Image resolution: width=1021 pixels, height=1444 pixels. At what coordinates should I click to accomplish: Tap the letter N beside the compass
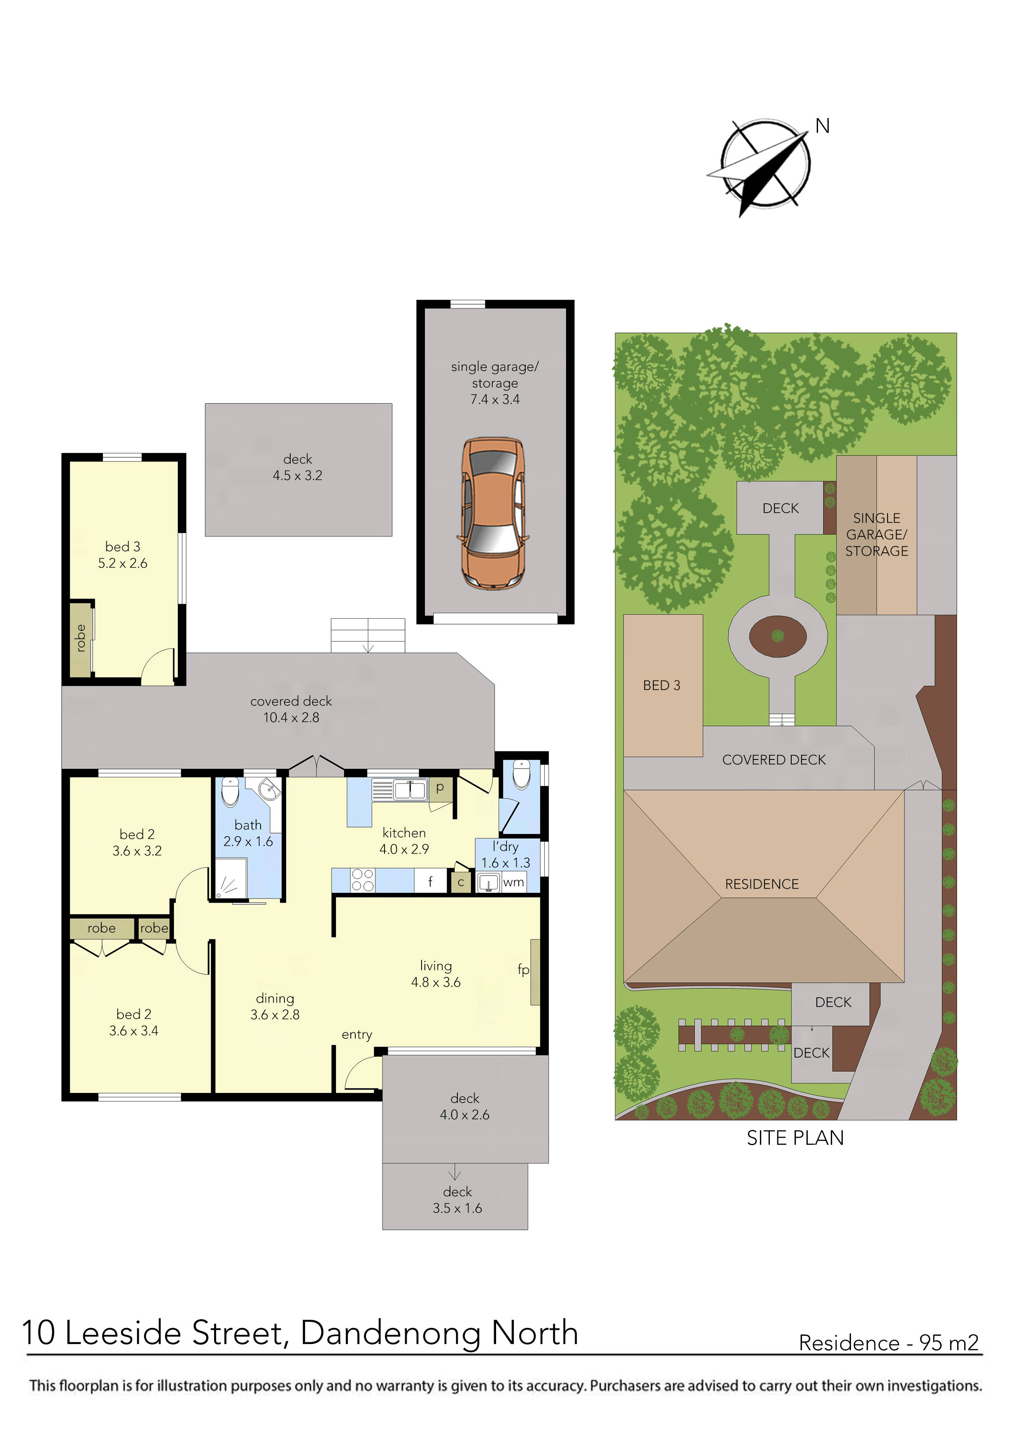(x=822, y=126)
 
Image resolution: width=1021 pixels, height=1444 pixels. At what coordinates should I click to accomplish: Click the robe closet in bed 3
(x=81, y=639)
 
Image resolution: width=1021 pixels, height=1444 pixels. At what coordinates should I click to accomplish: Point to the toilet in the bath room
(x=230, y=792)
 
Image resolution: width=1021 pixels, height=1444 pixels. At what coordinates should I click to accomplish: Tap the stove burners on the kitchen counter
(x=363, y=880)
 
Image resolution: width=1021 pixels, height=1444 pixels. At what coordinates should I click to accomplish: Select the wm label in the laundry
(x=513, y=883)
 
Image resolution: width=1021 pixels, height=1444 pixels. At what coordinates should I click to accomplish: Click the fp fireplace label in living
(x=523, y=969)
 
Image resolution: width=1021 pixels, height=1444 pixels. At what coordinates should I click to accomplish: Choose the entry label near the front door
(x=357, y=1034)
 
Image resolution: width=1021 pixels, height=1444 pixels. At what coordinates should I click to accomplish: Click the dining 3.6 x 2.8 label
(x=275, y=1006)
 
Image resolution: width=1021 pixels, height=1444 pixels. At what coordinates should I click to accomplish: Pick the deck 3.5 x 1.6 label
(x=457, y=1200)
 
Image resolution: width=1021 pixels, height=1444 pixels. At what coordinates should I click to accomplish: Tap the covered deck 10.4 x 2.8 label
(x=291, y=709)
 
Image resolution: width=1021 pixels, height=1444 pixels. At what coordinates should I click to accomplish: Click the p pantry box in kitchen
(x=440, y=787)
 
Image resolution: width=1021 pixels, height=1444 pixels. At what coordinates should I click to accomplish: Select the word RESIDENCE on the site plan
(x=761, y=884)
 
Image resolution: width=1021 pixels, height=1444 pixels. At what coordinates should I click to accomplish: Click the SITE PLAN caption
(x=795, y=1138)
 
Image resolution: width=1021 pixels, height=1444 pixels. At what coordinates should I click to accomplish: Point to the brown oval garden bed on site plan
(x=778, y=636)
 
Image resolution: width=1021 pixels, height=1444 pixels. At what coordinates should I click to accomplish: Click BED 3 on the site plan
(x=661, y=685)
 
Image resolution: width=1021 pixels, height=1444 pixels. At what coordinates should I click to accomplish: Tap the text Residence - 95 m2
(x=888, y=1343)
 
